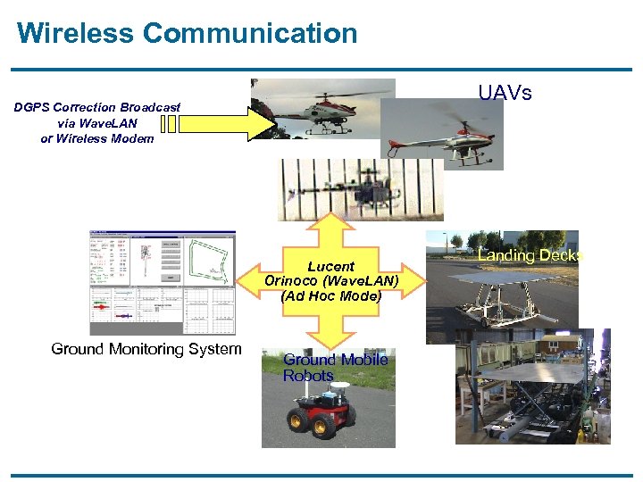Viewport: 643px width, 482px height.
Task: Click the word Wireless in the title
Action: pyautogui.click(x=75, y=34)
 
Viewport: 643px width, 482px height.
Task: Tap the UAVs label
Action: pyautogui.click(x=505, y=93)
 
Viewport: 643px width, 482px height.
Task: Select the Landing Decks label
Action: pyautogui.click(x=530, y=256)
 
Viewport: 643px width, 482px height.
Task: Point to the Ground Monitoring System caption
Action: pyautogui.click(x=146, y=349)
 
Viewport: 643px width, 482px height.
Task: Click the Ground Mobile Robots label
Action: pyautogui.click(x=335, y=367)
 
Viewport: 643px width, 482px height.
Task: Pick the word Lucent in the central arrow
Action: pyautogui.click(x=330, y=266)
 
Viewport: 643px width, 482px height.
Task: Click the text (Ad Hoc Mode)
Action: pyautogui.click(x=330, y=295)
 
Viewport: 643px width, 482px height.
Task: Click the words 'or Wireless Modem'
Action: pyautogui.click(x=97, y=138)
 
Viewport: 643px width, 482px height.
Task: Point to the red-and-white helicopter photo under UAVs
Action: pyautogui.click(x=441, y=134)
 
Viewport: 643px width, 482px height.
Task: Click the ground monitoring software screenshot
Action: pyautogui.click(x=162, y=282)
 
